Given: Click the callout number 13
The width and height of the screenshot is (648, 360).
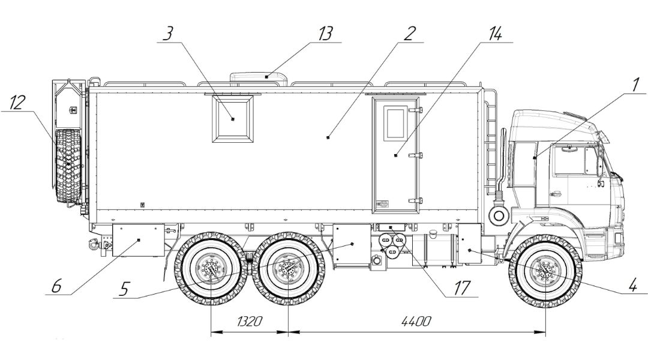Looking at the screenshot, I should point(325,34).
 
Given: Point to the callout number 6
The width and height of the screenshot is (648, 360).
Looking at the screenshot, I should point(56,287).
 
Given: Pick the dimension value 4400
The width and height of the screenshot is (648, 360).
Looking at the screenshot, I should point(416,322).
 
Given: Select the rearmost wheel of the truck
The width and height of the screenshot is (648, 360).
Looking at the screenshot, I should point(211,271).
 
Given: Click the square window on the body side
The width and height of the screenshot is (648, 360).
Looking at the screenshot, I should point(233,119).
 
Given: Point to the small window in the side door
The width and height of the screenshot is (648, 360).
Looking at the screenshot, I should point(395,125).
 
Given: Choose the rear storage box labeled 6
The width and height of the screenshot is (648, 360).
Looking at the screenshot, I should point(138,239).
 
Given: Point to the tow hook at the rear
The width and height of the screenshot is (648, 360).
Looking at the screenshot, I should point(94,243).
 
